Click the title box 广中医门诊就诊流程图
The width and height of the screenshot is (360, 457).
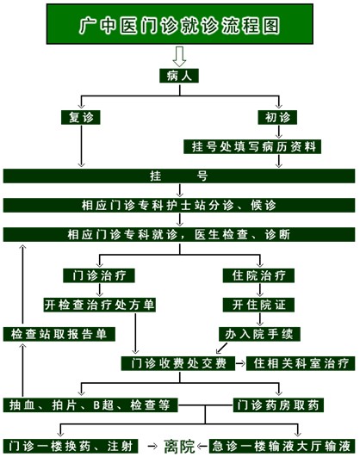point(180,24)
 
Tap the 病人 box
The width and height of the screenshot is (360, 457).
point(179,76)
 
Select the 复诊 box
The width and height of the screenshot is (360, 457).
point(81,117)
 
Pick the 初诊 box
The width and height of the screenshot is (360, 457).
point(277,117)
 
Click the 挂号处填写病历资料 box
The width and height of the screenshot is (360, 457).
point(252,146)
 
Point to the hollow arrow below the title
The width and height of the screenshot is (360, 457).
point(179,57)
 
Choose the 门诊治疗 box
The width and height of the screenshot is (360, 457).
point(99,275)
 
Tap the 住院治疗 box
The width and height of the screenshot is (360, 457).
point(258,275)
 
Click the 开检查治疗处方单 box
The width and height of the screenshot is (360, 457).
point(100,305)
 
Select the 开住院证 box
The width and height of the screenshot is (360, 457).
point(258,305)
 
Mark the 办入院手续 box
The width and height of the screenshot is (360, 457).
point(259,334)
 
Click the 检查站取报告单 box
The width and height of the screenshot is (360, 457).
point(59,334)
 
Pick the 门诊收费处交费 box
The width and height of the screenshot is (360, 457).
point(178,363)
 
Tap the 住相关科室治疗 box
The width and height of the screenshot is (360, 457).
point(301,363)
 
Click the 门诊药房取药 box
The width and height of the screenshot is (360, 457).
point(278,405)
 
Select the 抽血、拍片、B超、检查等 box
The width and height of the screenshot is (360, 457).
point(90,405)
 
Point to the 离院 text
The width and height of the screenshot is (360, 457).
point(179,446)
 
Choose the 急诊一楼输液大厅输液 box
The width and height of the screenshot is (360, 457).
point(282,446)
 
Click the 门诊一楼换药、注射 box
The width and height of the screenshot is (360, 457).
point(71,446)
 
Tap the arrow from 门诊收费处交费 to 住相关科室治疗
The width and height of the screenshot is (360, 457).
point(240,364)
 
